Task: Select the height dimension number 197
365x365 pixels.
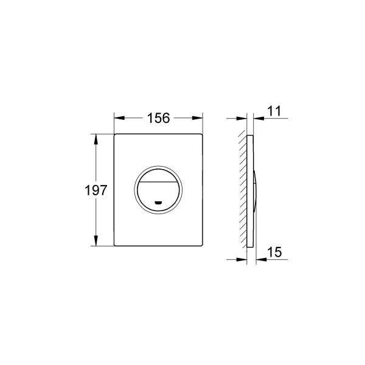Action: pos(95,190)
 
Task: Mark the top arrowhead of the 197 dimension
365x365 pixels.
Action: pos(95,137)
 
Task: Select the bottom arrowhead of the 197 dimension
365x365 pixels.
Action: pos(95,242)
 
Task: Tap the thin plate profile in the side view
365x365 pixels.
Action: pos(250,152)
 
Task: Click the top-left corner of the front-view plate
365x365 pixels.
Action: pos(115,133)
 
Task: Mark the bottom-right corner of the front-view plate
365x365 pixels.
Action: pos(201,245)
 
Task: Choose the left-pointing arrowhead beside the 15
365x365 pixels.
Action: pos(260,258)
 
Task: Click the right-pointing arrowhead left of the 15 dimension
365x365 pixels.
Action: pos(244,258)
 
